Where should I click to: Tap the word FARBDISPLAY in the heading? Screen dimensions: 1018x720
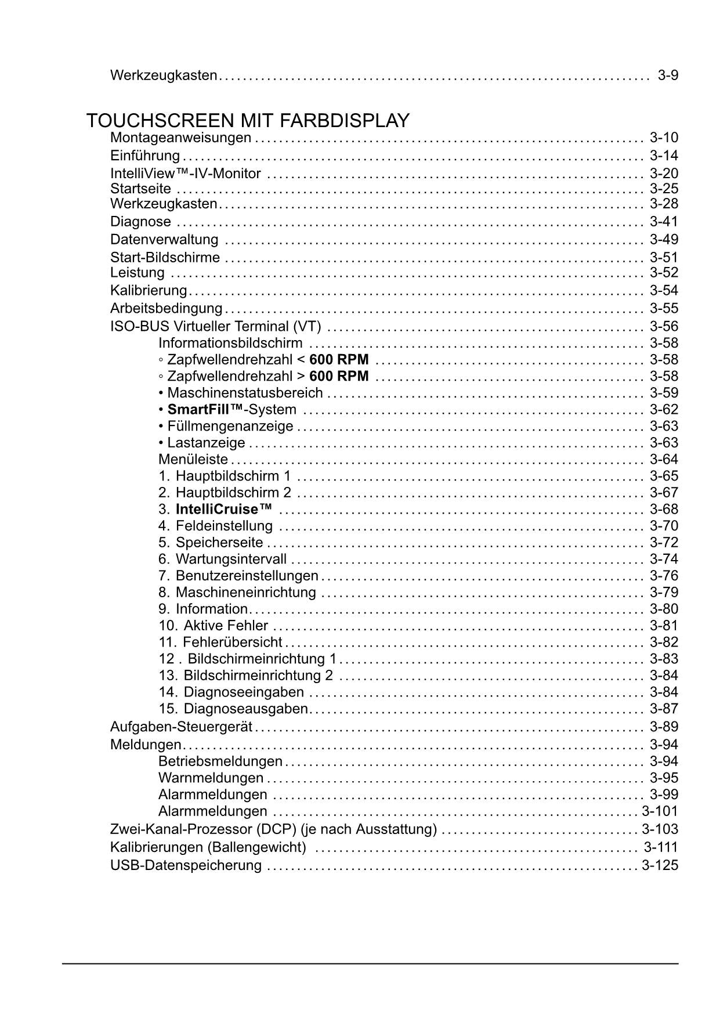point(345,121)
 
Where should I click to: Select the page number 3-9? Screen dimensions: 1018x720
point(668,75)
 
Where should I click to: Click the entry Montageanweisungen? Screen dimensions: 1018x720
point(180,138)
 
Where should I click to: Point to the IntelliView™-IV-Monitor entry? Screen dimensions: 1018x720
point(186,174)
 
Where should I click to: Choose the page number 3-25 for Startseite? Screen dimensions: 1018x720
point(664,189)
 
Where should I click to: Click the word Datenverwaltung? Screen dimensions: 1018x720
point(164,240)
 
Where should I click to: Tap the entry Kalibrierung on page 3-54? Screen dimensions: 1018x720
point(149,291)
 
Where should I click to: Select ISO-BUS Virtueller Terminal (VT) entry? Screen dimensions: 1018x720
point(215,327)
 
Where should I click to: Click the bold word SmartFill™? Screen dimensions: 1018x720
point(205,410)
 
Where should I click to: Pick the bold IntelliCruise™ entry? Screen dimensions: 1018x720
point(223,510)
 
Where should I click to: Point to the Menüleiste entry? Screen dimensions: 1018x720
point(193,460)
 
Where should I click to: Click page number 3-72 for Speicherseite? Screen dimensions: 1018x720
point(664,543)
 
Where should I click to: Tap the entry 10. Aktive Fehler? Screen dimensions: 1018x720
point(214,626)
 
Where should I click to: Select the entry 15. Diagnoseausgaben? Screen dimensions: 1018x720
point(233,709)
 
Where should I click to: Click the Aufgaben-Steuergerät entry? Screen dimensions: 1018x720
point(181,727)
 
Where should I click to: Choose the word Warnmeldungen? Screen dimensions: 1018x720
point(211,778)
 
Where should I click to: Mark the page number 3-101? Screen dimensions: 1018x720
point(660,811)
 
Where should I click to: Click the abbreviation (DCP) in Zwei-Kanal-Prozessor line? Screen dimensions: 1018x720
point(276,830)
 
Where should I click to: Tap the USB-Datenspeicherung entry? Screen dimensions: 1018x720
point(186,866)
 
